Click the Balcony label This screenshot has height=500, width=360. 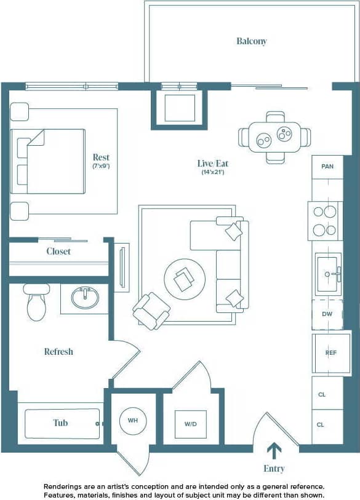tap(252, 41)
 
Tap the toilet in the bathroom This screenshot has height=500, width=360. tap(36, 302)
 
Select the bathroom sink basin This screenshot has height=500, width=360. tap(83, 298)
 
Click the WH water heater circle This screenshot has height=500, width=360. tap(132, 421)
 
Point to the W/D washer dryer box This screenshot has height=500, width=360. tap(190, 424)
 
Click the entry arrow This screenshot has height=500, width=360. tap(274, 451)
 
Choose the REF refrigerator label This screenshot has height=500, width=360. tap(331, 353)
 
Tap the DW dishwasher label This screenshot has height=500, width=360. tap(327, 314)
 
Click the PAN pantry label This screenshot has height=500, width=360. tap(327, 166)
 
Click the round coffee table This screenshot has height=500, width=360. tap(185, 279)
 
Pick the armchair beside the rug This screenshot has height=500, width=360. tap(151, 310)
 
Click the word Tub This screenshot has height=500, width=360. tap(60, 423)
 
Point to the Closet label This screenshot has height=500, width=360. tap(58, 252)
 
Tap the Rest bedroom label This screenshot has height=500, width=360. tap(101, 157)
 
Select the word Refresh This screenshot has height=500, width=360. tap(58, 352)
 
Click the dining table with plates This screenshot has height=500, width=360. tap(275, 137)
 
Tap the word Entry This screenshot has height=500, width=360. tap(274, 469)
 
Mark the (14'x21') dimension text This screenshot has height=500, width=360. tap(212, 173)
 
